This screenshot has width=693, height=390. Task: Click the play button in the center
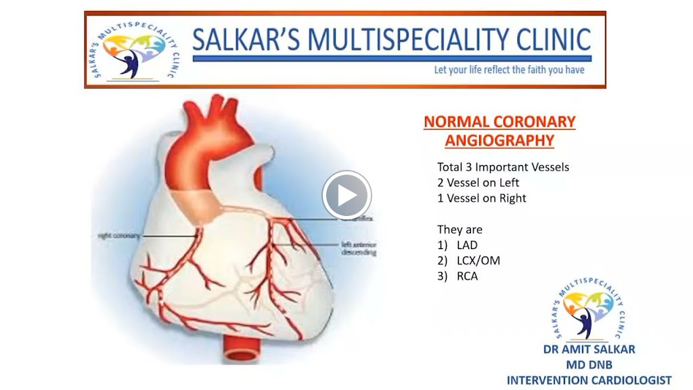pyautogui.click(x=346, y=196)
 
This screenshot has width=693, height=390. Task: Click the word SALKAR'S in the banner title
pyautogui.click(x=247, y=40)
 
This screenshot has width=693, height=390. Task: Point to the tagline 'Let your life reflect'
pyautogui.click(x=509, y=70)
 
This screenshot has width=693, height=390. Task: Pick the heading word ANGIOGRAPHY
pyautogui.click(x=499, y=141)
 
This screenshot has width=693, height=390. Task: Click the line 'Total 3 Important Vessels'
pyautogui.click(x=503, y=167)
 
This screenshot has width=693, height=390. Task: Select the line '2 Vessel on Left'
pyautogui.click(x=478, y=183)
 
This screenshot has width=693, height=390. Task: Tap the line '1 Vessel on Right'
pyautogui.click(x=481, y=198)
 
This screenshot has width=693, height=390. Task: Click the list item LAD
pyautogui.click(x=466, y=245)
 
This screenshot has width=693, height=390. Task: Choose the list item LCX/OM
pyautogui.click(x=478, y=261)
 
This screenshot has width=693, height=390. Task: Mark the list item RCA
pyautogui.click(x=467, y=276)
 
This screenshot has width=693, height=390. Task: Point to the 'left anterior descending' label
pyautogui.click(x=359, y=248)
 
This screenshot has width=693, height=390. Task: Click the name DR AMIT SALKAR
pyautogui.click(x=589, y=350)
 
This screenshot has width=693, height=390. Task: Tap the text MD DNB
pyautogui.click(x=589, y=365)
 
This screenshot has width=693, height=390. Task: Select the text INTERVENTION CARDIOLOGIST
pyautogui.click(x=589, y=380)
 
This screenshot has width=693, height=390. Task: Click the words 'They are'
pyautogui.click(x=460, y=230)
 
